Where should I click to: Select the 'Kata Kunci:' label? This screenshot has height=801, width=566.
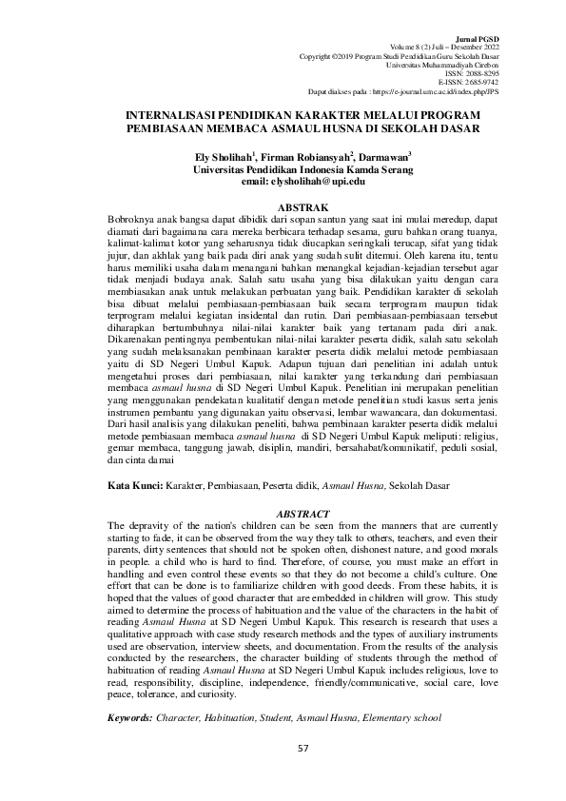point(135,485)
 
